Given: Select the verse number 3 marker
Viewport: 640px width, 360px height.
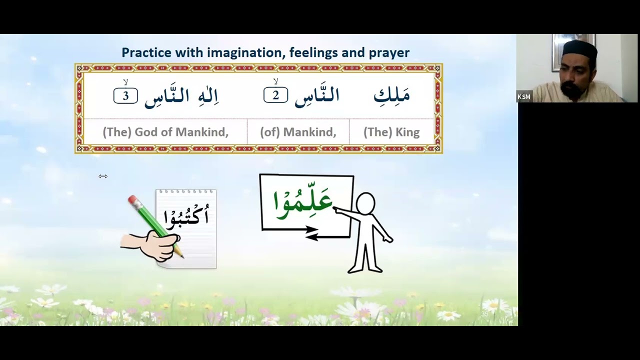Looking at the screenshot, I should coord(125,95).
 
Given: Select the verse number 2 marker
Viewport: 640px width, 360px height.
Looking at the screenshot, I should coord(275,95).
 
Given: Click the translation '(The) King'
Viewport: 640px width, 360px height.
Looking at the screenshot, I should coord(391,132).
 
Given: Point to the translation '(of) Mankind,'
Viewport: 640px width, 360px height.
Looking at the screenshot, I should coord(298,132).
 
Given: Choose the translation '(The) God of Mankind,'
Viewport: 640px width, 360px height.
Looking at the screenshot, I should coord(165,132).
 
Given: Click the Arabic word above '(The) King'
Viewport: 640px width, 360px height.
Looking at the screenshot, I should coord(391,95).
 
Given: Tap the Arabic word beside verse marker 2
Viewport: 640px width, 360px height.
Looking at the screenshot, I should coord(317,96).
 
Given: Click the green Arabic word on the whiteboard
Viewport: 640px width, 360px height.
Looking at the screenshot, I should coord(303,201).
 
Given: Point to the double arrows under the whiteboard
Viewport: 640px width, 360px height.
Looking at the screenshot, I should coord(311,232).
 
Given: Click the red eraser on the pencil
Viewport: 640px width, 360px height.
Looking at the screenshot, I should coord(133,200).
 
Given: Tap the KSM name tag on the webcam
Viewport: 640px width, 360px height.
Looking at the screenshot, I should coord(524,96).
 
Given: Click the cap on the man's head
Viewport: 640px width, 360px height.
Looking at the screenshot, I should coord(579,49).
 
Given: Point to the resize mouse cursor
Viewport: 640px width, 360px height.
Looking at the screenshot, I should coord(103,176).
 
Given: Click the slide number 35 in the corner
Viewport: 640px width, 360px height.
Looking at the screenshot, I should coord(484,314).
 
